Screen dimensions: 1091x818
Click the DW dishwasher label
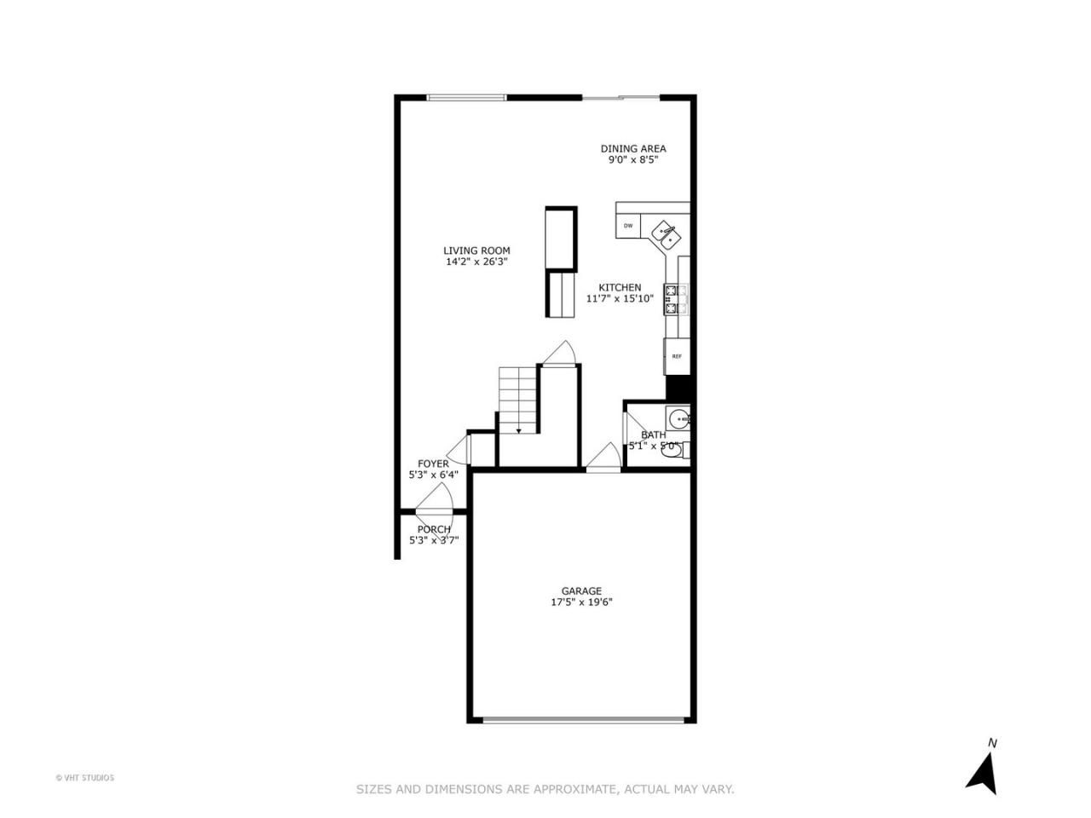[628, 226]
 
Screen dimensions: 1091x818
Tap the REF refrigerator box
[677, 356]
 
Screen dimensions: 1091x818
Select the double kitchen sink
[666, 235]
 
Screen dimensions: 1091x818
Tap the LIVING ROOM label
[476, 251]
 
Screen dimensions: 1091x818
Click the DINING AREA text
[632, 148]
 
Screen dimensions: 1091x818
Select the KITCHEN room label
[620, 287]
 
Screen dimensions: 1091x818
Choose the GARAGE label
[581, 591]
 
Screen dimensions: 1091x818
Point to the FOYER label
[433, 464]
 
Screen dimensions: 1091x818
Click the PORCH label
[434, 529]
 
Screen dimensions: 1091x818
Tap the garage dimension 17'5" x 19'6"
[581, 602]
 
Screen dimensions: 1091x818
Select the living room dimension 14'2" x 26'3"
[476, 262]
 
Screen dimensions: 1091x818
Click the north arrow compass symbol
[983, 781]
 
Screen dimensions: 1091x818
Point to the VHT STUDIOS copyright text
[84, 778]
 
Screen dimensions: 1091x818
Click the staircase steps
[518, 400]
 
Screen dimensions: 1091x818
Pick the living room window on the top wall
[466, 97]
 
